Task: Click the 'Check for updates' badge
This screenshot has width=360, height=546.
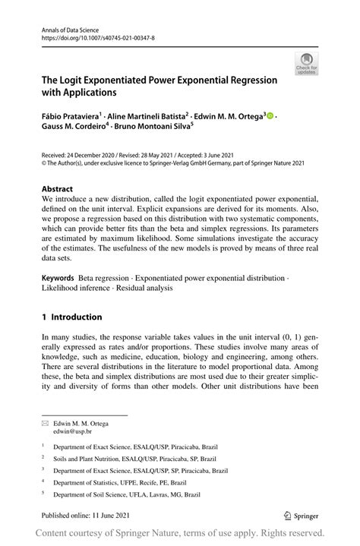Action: (307, 64)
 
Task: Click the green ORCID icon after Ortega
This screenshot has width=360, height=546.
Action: (270, 116)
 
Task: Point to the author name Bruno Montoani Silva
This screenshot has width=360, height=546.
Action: (159, 128)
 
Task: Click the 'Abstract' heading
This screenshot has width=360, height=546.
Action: (58, 189)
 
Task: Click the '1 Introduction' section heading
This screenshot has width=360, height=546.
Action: (71, 317)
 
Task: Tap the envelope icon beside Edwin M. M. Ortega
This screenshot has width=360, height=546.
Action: (46, 422)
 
